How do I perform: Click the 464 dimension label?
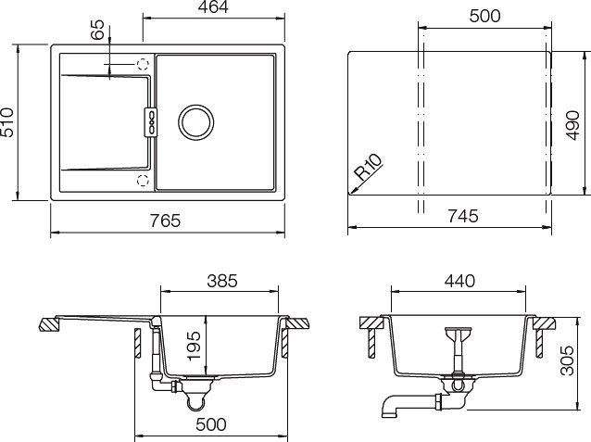tap(213, 7)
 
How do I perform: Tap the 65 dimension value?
tap(97, 30)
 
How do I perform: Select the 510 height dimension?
tap(6, 122)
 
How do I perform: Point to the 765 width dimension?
tap(166, 221)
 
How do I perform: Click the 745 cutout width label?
tap(463, 216)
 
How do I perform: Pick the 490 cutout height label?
tap(572, 125)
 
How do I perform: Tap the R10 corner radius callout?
tap(369, 168)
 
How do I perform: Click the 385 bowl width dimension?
tap(222, 281)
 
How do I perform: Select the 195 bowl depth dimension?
tap(195, 346)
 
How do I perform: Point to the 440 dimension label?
tap(459, 281)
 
